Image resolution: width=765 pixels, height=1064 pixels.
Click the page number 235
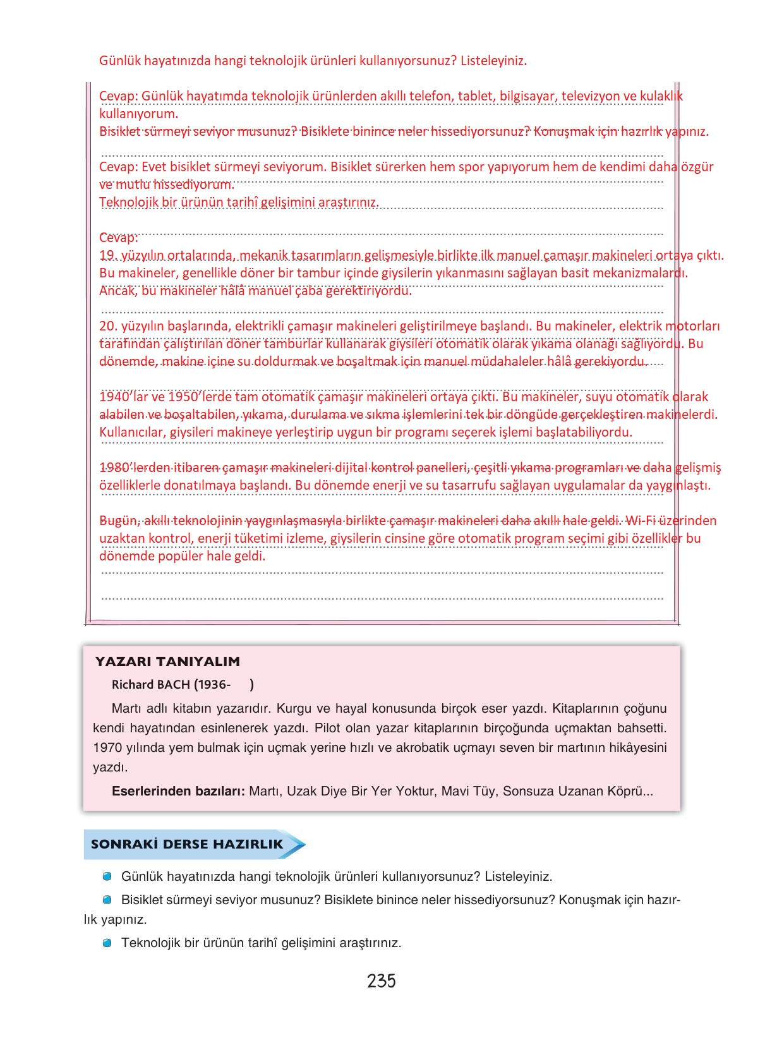381,981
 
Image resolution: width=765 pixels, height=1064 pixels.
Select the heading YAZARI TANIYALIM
167,662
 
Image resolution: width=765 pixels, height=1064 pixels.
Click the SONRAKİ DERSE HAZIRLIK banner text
187,844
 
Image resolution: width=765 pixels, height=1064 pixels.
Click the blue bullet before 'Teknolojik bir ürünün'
107,943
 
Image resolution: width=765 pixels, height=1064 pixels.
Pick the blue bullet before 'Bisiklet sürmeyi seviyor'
107,900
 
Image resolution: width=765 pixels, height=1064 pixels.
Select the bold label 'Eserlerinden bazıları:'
178,791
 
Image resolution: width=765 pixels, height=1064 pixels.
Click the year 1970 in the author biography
107,747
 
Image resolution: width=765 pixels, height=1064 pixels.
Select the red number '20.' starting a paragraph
109,326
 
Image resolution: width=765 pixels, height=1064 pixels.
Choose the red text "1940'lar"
123,397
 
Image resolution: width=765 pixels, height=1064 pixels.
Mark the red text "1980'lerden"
135,468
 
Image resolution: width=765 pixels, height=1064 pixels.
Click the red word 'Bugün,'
119,521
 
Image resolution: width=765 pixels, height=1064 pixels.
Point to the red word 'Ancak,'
118,291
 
